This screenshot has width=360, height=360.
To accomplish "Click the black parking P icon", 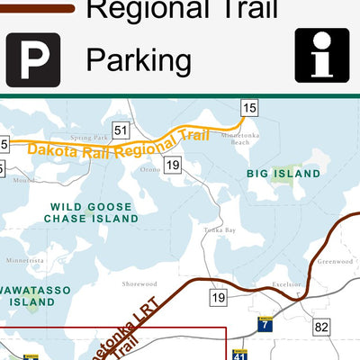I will coord(33,59).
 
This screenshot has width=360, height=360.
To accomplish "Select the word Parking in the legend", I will coord(139,61).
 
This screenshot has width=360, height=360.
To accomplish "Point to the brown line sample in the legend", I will coord(36,8).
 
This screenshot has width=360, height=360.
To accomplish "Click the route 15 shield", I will coord(249,109).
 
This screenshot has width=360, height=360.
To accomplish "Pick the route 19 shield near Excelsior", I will coord(219,297).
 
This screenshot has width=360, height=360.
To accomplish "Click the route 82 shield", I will coord(322,325).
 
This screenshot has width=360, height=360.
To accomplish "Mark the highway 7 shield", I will coord(265,324).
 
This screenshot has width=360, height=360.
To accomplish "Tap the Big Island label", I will coord(283,173).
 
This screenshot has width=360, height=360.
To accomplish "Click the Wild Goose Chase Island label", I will coord(94,212).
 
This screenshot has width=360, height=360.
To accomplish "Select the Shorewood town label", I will coord(139,283).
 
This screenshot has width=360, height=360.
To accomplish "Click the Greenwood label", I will coord(332,262).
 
